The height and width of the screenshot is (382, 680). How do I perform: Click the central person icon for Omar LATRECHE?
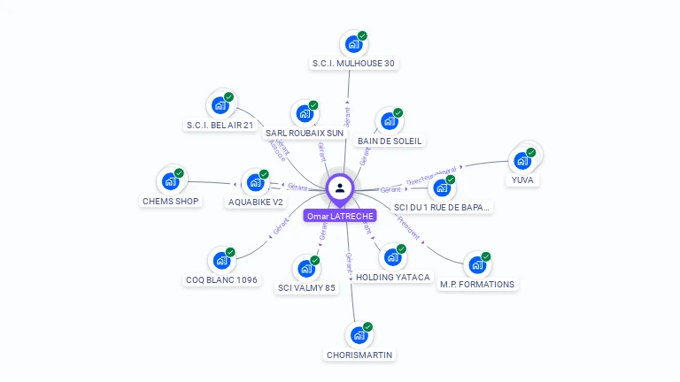click(340, 187)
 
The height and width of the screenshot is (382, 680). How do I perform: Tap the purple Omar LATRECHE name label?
click(340, 216)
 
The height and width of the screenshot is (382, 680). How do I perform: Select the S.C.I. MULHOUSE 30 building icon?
click(353, 44)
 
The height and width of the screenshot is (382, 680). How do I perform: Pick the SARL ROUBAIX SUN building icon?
click(305, 114)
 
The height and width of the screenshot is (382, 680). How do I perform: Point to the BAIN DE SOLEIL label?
click(390, 141)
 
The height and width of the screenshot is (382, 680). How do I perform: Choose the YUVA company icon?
click(522, 161)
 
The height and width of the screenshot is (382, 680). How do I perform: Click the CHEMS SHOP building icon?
click(170, 181)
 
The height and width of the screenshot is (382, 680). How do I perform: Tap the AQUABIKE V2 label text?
click(256, 202)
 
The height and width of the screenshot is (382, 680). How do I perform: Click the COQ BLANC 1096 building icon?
click(221, 261)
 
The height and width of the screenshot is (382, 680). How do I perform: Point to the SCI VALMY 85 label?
click(306, 287)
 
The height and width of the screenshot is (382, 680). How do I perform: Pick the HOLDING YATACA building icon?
click(391, 258)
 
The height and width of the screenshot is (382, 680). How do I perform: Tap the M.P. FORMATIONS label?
click(477, 284)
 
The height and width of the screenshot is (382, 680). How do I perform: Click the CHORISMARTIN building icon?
click(359, 335)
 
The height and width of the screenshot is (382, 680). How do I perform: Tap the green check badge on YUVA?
click(531, 152)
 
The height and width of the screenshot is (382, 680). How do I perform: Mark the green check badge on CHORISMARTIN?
click(367, 327)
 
